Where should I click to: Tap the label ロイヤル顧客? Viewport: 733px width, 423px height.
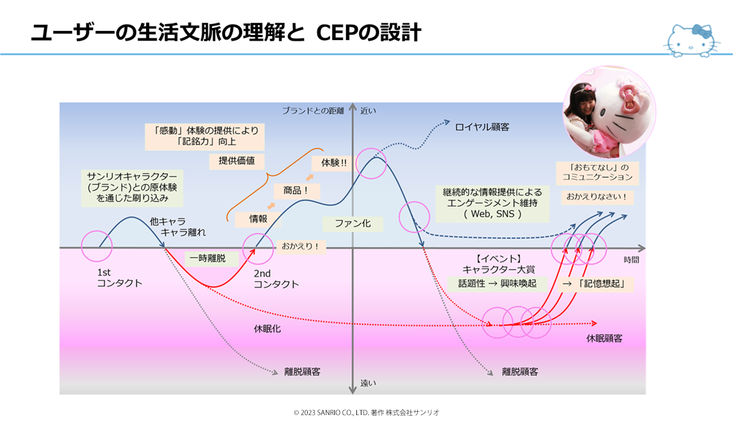[x=482, y=127]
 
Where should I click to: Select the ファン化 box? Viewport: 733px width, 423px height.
[x=352, y=224]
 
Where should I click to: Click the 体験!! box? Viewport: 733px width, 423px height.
[x=333, y=163]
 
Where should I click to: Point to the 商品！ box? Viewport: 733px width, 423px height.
[x=297, y=191]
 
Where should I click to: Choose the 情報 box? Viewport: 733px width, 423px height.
[x=258, y=219]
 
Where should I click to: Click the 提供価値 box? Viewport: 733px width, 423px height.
[x=237, y=161]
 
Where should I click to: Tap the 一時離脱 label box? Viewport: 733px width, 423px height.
[x=208, y=259]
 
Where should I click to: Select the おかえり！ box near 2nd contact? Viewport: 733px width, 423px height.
[x=301, y=246]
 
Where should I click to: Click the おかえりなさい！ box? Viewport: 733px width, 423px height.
[x=597, y=197]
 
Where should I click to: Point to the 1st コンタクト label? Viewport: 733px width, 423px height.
[x=120, y=277]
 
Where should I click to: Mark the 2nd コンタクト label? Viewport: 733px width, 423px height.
[x=276, y=279]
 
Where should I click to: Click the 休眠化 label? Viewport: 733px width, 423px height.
[x=267, y=329]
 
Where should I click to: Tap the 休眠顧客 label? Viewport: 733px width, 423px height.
[x=604, y=338]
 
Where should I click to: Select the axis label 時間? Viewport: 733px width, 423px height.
[x=631, y=260]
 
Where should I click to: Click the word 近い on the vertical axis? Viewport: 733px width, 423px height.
[x=368, y=111]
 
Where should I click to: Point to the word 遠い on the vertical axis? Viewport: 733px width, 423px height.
[x=368, y=383]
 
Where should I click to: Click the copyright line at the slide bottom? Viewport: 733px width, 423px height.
[x=366, y=412]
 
